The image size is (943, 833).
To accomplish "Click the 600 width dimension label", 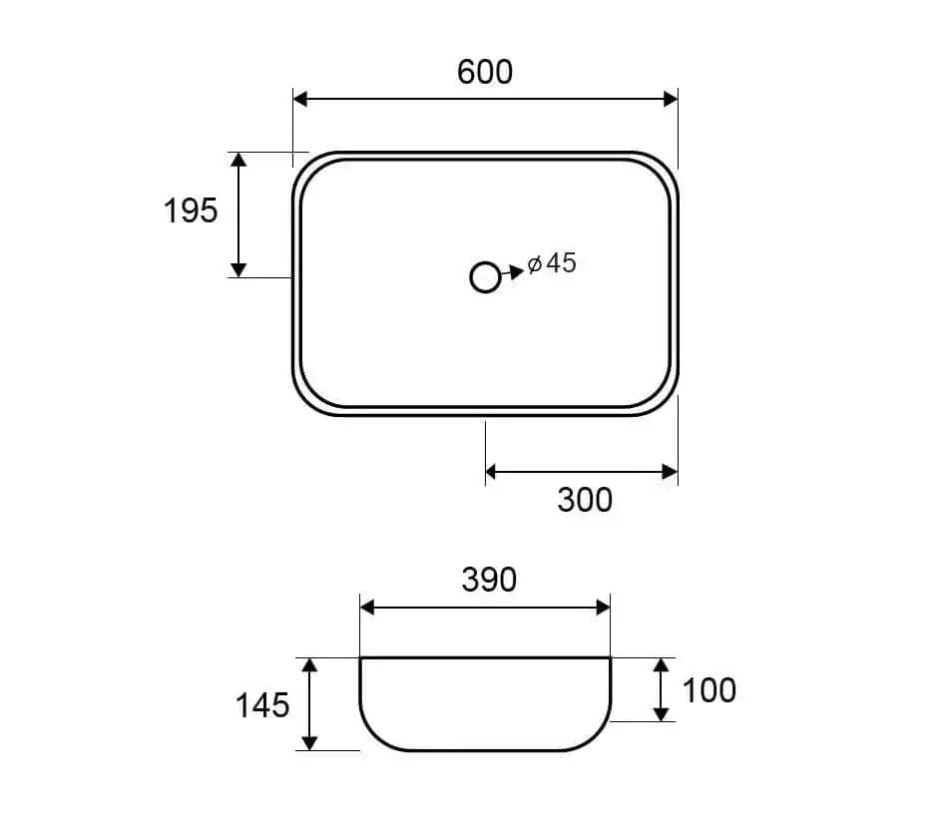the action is (485, 72).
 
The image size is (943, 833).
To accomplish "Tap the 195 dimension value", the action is (191, 210).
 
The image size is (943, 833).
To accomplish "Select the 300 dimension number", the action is (585, 500).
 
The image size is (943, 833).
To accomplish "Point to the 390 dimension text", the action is (489, 580).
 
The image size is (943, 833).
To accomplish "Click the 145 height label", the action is (262, 705).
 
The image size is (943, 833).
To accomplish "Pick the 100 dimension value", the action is (709, 690).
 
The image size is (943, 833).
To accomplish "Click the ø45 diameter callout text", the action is (552, 263).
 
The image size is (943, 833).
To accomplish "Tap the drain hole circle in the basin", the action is (485, 278).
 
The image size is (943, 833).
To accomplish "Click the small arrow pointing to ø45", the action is (512, 272).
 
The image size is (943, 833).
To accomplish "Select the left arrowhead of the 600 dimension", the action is (300, 99).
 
